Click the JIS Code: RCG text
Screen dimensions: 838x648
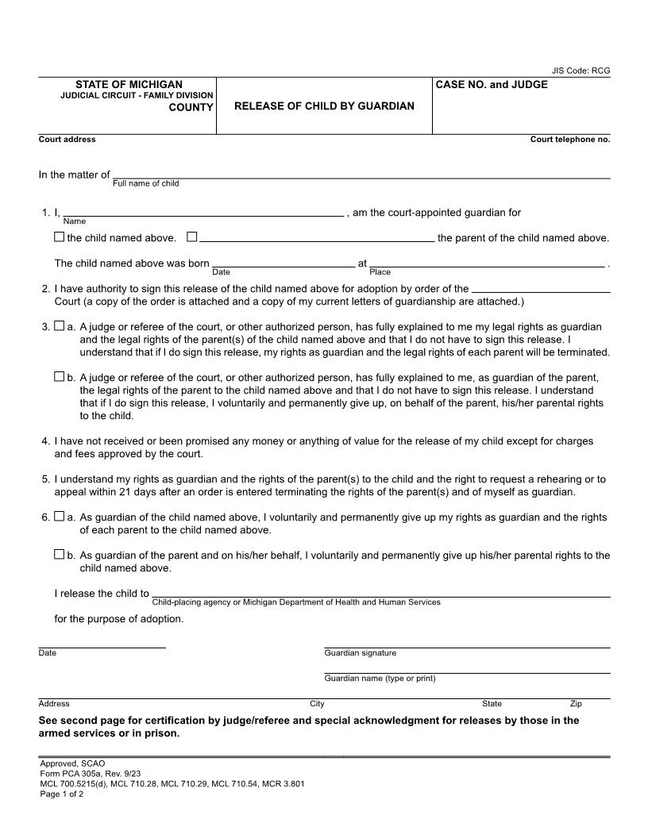580,71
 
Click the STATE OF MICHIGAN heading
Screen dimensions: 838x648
129,84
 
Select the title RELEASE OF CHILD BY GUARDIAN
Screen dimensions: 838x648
324,106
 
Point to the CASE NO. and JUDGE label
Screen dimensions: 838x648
492,84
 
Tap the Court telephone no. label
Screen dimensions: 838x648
569,140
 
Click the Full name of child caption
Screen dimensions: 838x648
145,183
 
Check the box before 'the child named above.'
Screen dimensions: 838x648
59,236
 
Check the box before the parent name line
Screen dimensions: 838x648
191,236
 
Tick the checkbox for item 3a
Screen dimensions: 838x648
59,326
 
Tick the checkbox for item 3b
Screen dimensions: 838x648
59,377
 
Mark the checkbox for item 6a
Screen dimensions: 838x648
59,517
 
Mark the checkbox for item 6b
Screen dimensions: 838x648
59,555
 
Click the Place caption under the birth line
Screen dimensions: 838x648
380,272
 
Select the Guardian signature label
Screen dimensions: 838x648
360,653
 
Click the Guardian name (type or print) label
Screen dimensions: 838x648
380,678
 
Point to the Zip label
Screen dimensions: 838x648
576,704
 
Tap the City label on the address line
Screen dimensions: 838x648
317,704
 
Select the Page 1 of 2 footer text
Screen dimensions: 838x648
61,794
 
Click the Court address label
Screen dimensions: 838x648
67,140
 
